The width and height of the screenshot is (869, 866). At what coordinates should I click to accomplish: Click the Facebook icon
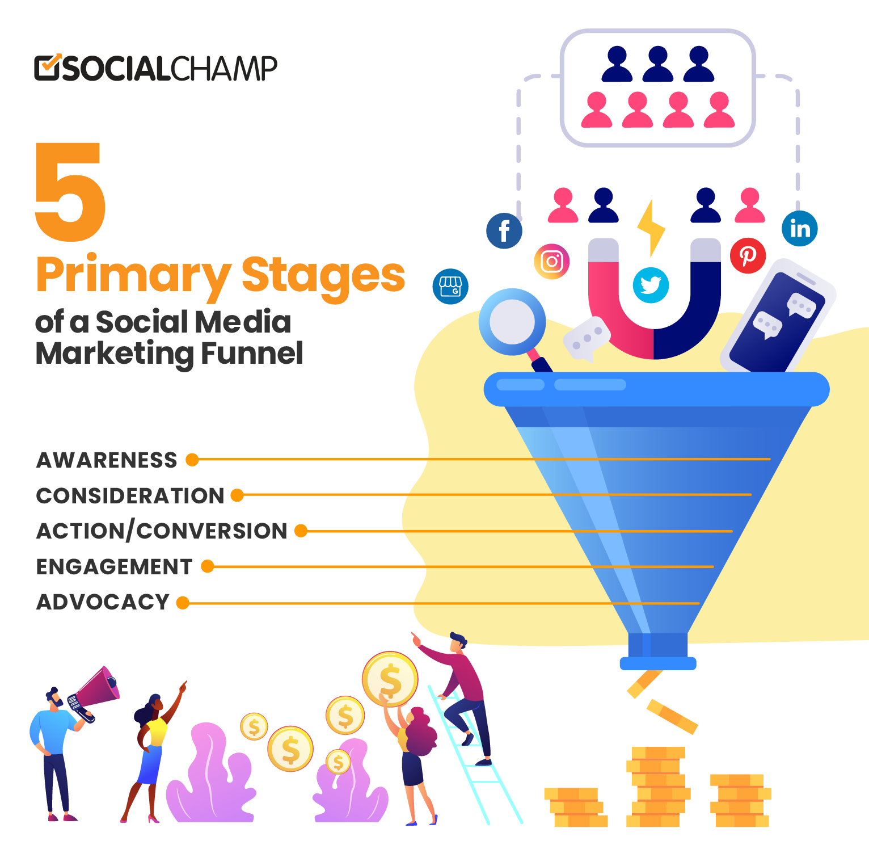pyautogui.click(x=504, y=231)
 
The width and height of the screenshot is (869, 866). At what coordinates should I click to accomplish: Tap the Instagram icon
pyautogui.click(x=551, y=262)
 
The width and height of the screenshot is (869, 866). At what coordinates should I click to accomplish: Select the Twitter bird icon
pyautogui.click(x=651, y=285)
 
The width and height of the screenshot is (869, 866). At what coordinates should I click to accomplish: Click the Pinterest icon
pyautogui.click(x=748, y=256)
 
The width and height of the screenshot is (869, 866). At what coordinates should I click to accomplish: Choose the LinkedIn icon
pyautogui.click(x=800, y=229)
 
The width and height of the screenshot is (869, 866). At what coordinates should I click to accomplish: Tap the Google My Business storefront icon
pyautogui.click(x=450, y=286)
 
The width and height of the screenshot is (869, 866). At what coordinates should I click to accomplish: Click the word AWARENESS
pyautogui.click(x=107, y=460)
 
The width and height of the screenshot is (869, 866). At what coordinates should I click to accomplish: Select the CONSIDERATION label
pyautogui.click(x=130, y=495)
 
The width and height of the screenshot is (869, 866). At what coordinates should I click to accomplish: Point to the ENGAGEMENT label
pyautogui.click(x=115, y=566)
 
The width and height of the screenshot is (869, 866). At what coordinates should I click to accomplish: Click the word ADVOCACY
pyautogui.click(x=103, y=602)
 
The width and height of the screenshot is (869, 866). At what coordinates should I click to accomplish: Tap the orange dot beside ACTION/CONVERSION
pyautogui.click(x=301, y=531)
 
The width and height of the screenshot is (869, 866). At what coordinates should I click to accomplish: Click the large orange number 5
pyautogui.click(x=70, y=191)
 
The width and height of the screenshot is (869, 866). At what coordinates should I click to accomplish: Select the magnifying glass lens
pyautogui.click(x=512, y=321)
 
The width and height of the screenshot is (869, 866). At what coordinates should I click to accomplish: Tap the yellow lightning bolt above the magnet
pyautogui.click(x=651, y=227)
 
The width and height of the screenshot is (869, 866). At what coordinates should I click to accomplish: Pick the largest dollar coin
pyautogui.click(x=390, y=679)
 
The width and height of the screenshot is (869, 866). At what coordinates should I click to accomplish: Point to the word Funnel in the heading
pyautogui.click(x=252, y=353)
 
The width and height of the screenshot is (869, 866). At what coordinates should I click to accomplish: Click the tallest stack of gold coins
pyautogui.click(x=658, y=787)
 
